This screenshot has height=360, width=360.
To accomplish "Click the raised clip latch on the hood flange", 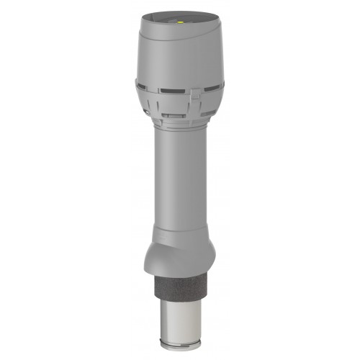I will [x=194, y=94].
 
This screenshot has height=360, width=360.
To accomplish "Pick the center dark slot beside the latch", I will [x=173, y=92].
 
